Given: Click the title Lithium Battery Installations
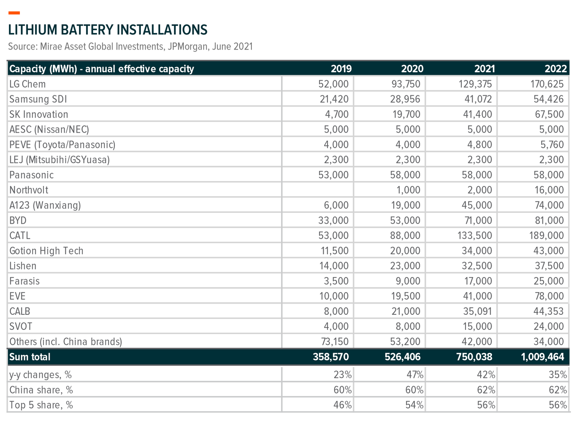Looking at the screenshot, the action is tap(108, 30).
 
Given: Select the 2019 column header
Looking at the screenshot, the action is tap(341, 69).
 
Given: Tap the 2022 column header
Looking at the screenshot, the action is tap(556, 69).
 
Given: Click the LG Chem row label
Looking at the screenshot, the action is tap(27, 84).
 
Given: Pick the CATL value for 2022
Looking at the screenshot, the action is tap(546, 236).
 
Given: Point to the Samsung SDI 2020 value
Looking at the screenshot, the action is tap(405, 99).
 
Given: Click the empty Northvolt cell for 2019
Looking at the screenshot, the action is tap(318, 190).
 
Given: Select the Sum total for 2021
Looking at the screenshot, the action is tap(474, 357).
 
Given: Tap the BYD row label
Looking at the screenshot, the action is tap(18, 220).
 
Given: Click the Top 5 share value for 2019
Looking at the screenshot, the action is tap(342, 405).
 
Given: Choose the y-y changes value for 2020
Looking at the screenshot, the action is tap(414, 375).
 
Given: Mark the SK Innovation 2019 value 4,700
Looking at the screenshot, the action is tap(336, 114).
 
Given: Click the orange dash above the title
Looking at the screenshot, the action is tap(14, 13).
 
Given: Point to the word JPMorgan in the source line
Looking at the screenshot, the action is tap(188, 47).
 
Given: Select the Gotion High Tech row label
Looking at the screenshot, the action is tap(46, 251).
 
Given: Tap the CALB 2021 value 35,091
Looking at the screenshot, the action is tap(477, 311).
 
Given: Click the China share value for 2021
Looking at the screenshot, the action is tap(486, 390).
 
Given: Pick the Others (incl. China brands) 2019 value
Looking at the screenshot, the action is tap(335, 342).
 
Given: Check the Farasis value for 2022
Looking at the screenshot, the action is tap(549, 281).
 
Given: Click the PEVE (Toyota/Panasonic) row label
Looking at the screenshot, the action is tap(62, 145).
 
